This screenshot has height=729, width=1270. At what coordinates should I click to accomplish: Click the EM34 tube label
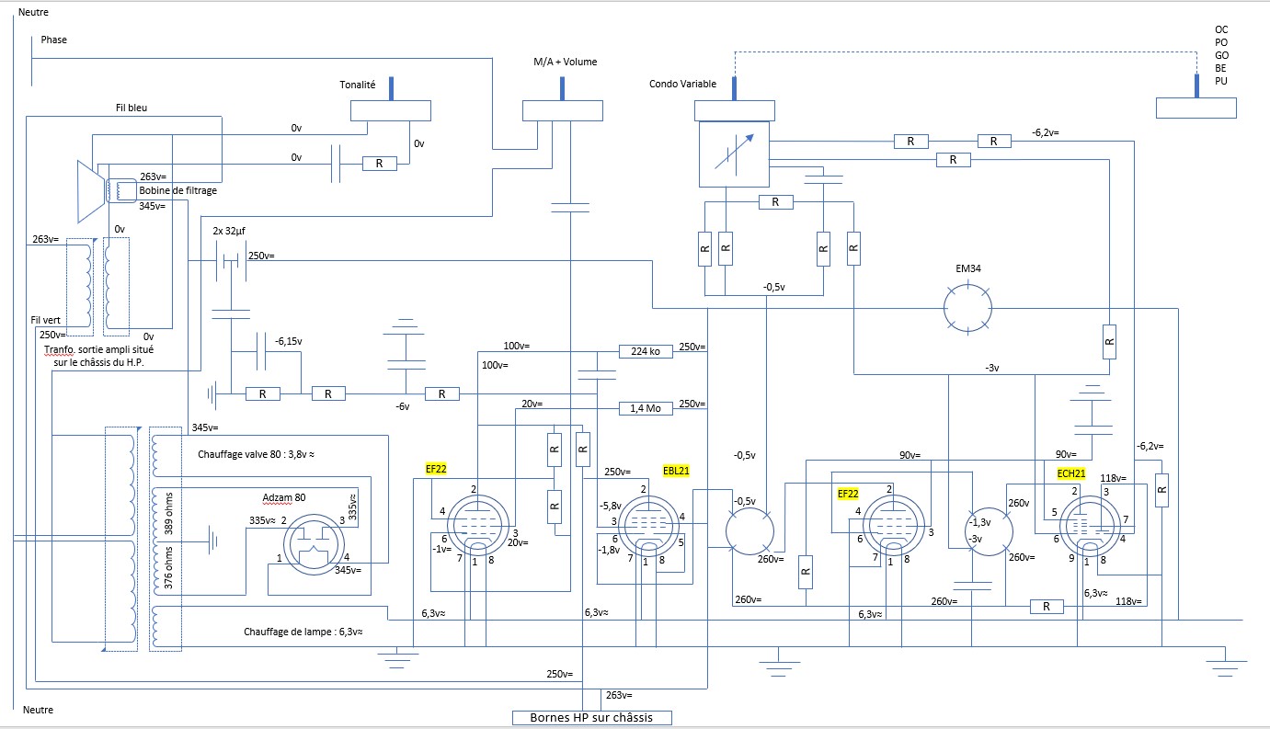(967, 268)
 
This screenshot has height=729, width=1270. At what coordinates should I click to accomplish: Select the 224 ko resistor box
(646, 351)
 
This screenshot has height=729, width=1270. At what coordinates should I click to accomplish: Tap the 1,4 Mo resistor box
(646, 408)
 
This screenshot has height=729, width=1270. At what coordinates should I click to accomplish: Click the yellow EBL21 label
(676, 471)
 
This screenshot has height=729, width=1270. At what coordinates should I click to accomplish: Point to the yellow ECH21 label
(1071, 473)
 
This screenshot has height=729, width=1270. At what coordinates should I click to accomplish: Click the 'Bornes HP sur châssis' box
(592, 718)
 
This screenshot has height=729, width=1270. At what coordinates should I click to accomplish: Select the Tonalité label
(357, 85)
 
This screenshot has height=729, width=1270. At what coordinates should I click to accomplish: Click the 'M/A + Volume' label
(566, 62)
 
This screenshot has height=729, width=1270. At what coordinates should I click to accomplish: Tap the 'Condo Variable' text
(682, 84)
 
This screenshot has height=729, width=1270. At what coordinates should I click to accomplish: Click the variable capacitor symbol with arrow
(734, 154)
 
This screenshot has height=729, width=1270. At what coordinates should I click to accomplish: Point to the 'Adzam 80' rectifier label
(284, 497)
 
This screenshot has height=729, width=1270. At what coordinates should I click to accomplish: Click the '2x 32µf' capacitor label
(229, 231)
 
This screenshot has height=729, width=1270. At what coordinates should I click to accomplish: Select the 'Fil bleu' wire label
(132, 108)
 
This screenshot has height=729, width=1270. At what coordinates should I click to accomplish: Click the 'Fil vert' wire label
(45, 320)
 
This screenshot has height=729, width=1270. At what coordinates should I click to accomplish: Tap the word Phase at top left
(54, 40)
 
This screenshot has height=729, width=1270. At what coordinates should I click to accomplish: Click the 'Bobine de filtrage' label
(178, 190)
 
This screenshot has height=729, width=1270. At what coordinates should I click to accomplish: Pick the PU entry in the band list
(1221, 81)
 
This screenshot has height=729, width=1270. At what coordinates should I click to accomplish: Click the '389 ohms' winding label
(168, 514)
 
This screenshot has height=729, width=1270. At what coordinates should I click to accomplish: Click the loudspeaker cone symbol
(91, 191)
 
